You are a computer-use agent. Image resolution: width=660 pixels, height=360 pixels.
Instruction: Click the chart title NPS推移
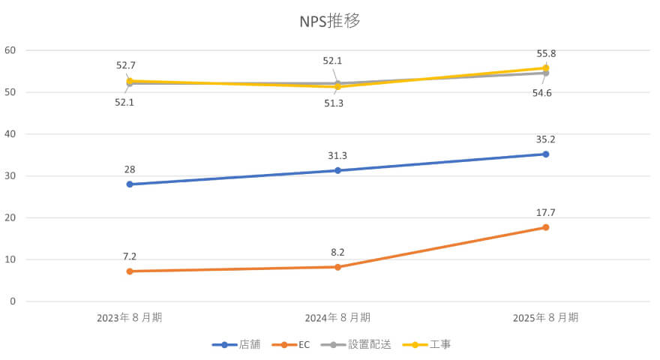330,21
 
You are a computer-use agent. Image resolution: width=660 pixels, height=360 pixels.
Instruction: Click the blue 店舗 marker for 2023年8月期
130,184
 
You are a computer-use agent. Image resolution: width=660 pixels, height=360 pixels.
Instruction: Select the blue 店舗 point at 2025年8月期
546,154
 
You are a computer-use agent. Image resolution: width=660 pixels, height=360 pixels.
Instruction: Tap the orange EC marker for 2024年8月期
337,267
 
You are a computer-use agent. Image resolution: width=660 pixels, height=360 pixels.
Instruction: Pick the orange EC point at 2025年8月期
546,227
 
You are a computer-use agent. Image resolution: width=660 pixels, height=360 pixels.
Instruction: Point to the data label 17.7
546,213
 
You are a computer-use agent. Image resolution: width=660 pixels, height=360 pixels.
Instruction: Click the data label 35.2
546,139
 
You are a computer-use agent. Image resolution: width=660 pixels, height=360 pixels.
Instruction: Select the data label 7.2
130,256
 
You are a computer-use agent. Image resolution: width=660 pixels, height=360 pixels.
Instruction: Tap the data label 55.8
546,54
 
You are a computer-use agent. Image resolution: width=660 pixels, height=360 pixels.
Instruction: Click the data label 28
130,169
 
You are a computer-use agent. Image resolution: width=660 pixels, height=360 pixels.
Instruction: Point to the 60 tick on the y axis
10,50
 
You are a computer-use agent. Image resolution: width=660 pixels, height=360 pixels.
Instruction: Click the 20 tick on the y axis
10,217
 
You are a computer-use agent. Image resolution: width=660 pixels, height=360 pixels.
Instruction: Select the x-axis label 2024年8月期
337,317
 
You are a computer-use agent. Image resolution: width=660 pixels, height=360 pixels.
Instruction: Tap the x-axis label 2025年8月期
546,317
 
